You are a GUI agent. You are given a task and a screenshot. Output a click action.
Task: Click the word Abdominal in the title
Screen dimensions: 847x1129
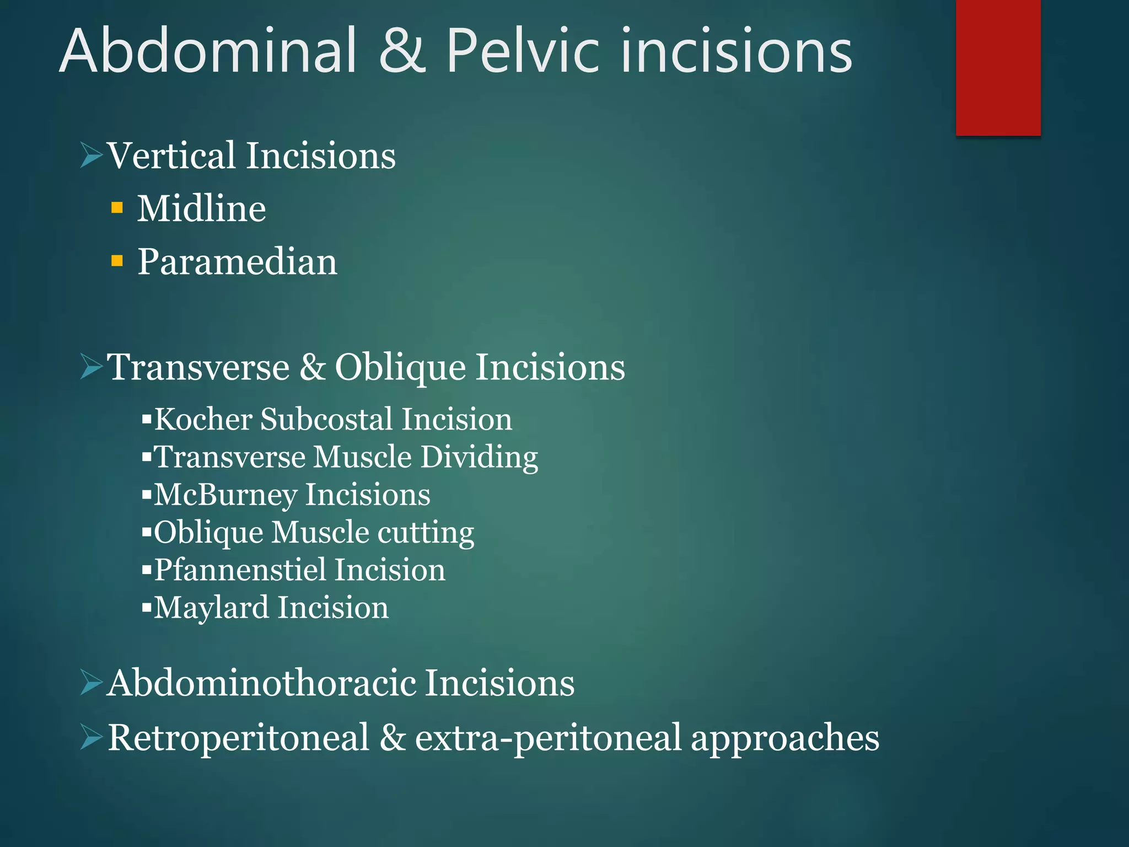(208, 51)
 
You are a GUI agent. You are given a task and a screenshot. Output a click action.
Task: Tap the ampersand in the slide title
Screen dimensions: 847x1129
(402, 51)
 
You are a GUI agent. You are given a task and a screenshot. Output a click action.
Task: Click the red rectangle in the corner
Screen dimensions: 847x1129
(998, 67)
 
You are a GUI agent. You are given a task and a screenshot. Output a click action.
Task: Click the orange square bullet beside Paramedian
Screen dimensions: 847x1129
(117, 260)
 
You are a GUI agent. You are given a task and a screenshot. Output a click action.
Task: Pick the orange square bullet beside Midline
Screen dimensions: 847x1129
(117, 207)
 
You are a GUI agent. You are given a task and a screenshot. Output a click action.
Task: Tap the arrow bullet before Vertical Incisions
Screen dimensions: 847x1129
(91, 155)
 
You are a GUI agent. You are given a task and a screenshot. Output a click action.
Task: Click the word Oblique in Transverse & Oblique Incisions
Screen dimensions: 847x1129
(400, 367)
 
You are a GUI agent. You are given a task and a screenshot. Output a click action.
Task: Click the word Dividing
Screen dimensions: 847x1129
(479, 457)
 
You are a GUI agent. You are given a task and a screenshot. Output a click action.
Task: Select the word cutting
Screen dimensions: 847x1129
(426, 533)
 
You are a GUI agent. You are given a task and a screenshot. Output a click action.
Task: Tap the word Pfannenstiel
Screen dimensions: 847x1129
(239, 570)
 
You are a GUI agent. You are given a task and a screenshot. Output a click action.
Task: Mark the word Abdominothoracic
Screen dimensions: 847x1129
(261, 683)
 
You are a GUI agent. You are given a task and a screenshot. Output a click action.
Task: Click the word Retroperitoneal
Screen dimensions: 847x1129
(238, 737)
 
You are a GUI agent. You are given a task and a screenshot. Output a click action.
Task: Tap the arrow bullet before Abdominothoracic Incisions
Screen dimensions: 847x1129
(91, 683)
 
